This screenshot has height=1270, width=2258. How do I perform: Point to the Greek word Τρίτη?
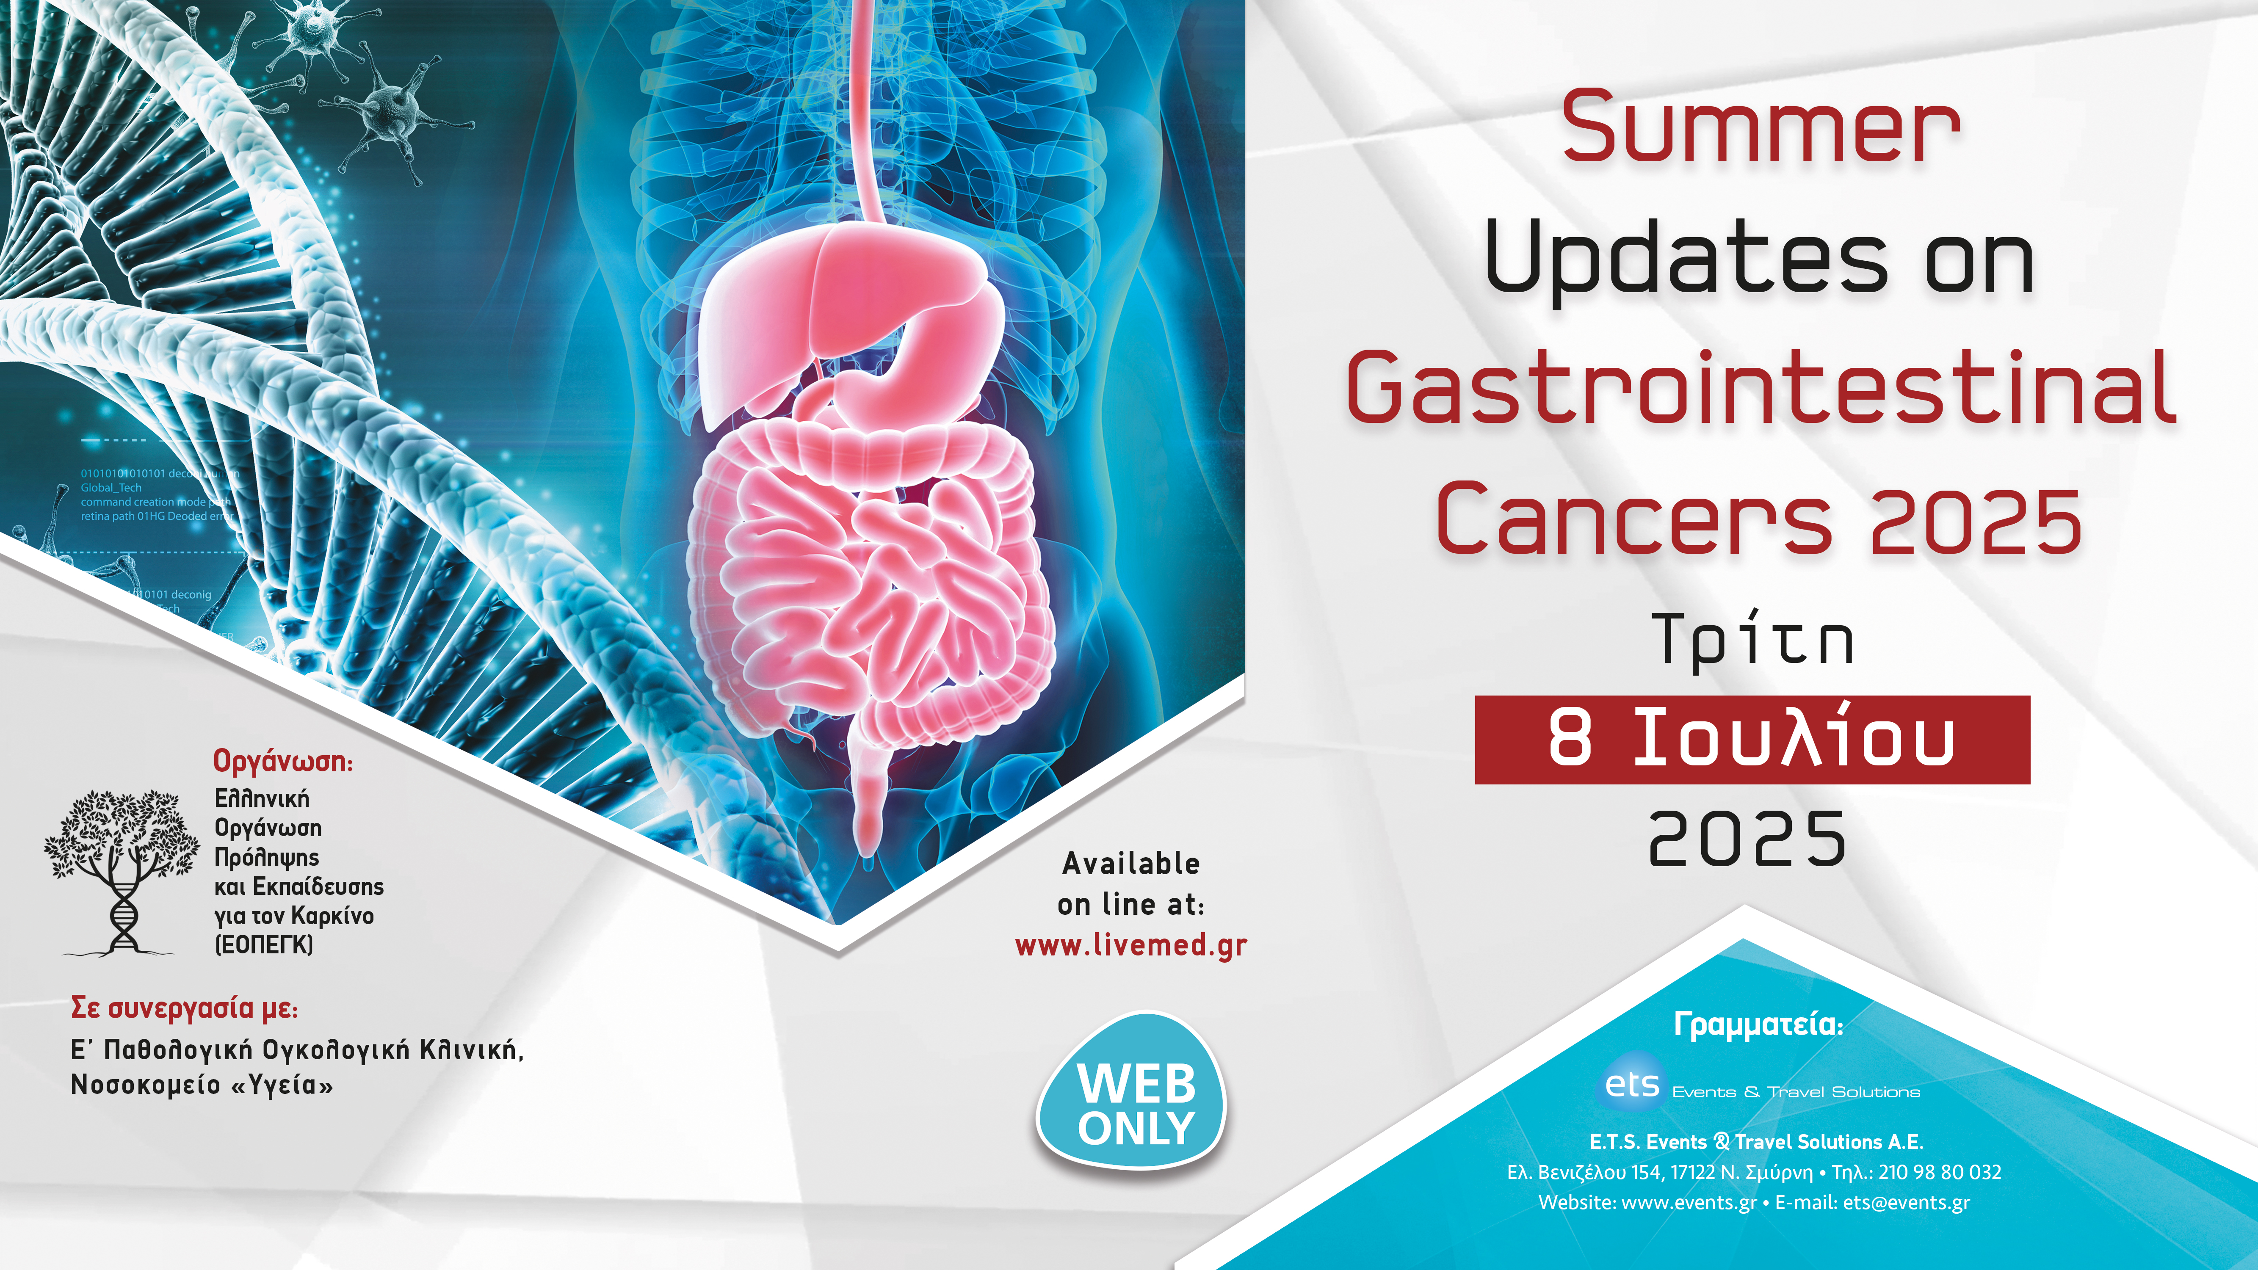[x=1753, y=640]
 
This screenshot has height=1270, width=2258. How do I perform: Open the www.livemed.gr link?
[x=1131, y=946]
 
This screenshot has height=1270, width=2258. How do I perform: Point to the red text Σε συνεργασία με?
[x=184, y=1009]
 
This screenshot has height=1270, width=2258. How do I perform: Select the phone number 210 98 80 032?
[x=1939, y=1172]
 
